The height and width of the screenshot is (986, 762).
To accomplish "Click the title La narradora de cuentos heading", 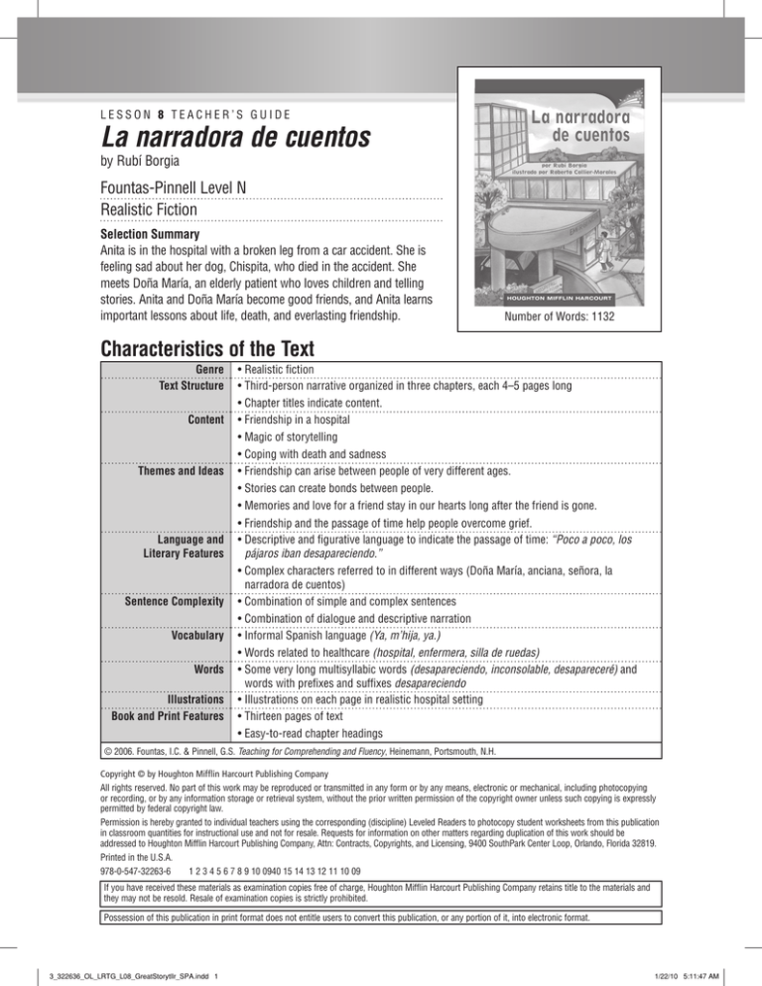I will [x=205, y=129].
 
